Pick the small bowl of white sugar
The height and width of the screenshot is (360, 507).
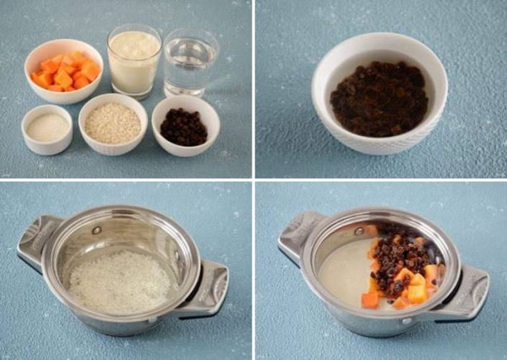click(x=46, y=128)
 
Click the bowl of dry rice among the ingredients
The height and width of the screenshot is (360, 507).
click(x=112, y=124)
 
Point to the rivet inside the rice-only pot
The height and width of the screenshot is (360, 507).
click(x=96, y=230)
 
